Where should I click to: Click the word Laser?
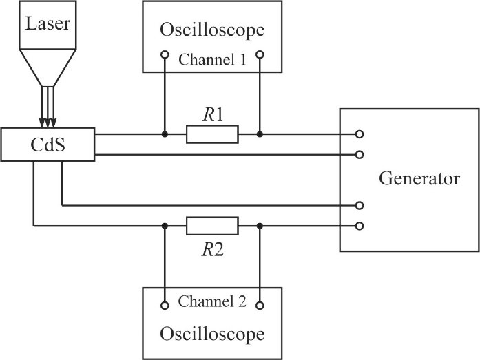(48, 25)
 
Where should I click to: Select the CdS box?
(48, 144)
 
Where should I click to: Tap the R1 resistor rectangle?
(212, 134)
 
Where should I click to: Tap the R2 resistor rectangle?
(212, 226)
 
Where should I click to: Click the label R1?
(212, 115)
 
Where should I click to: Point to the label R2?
(212, 250)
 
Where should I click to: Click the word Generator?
(419, 180)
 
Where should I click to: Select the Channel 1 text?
(212, 59)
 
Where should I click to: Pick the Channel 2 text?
(212, 301)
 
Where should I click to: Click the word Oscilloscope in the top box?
(212, 30)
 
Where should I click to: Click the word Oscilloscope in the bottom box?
(212, 335)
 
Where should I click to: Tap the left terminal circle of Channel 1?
(165, 55)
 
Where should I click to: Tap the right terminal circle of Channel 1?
(260, 55)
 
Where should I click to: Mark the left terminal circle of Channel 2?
(165, 305)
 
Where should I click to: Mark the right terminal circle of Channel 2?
(260, 305)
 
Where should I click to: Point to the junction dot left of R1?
(165, 134)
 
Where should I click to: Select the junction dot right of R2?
(260, 226)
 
